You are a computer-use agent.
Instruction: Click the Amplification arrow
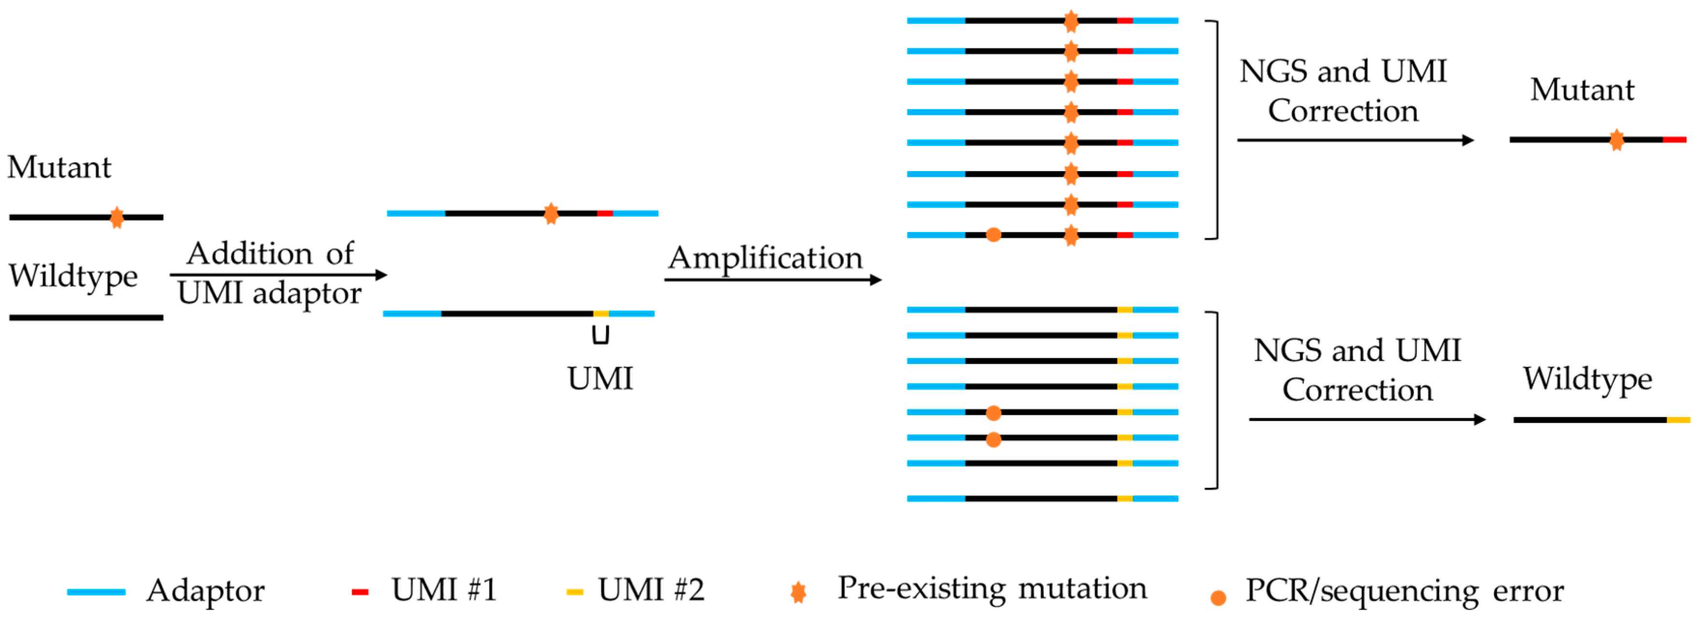[x=772, y=280]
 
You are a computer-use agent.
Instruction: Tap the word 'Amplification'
[x=765, y=258]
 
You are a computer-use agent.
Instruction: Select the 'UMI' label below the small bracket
[x=600, y=378]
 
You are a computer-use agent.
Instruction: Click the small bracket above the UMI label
[x=600, y=335]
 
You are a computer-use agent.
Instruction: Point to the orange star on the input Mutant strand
[x=117, y=217]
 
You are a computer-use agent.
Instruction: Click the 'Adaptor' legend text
[x=205, y=591]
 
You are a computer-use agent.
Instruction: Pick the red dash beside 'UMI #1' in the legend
[x=360, y=592]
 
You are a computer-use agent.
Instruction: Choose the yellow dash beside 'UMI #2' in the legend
[x=575, y=592]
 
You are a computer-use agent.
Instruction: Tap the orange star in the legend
[x=798, y=592]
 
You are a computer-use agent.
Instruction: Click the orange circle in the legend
[x=1218, y=598]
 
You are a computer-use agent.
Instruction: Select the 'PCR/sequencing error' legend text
[x=1404, y=591]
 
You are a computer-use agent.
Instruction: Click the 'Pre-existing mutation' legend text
[x=992, y=588]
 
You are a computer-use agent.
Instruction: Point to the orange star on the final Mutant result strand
[x=1616, y=140]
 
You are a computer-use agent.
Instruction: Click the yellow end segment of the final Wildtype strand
[x=1678, y=420]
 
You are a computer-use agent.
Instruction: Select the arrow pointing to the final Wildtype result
[x=1367, y=420]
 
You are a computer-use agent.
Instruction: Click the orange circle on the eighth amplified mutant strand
[x=993, y=235]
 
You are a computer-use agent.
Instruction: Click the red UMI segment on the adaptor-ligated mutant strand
[x=604, y=214]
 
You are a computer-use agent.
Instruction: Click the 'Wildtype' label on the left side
[x=73, y=275]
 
